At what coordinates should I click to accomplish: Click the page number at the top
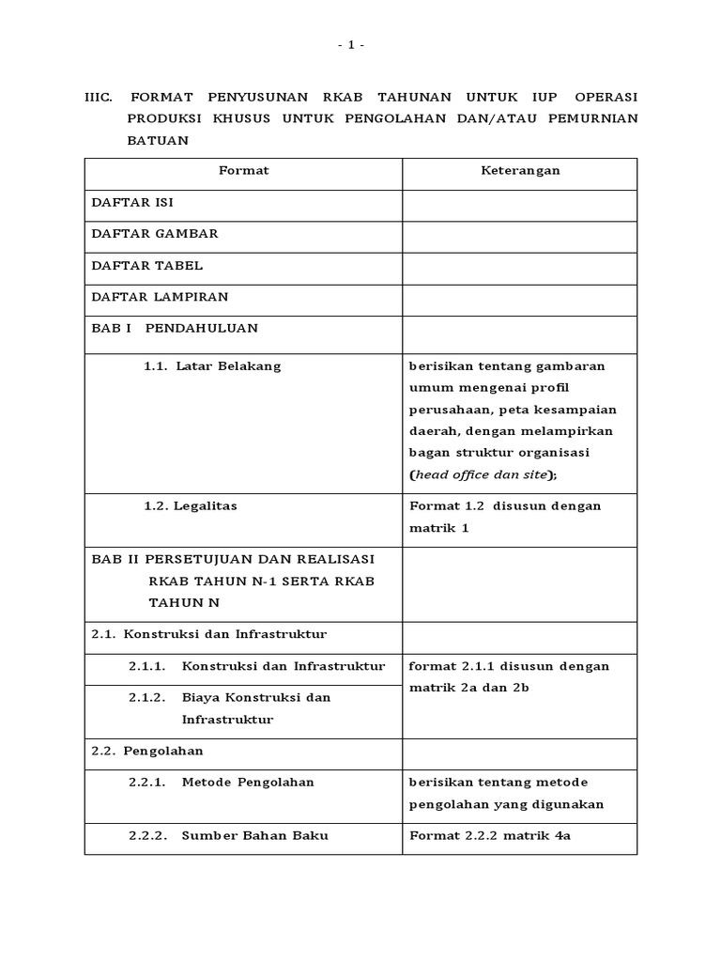tap(351, 45)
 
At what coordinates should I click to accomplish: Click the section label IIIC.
tap(99, 98)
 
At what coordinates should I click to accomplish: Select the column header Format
tap(243, 171)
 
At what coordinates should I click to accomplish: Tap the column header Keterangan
tap(520, 171)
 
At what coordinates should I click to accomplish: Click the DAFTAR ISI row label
tap(132, 202)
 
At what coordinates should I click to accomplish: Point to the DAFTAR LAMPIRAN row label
tap(160, 297)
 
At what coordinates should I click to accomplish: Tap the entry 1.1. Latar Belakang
tap(212, 366)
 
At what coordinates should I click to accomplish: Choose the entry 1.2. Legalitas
tap(191, 506)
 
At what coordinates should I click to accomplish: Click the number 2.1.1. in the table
tap(147, 667)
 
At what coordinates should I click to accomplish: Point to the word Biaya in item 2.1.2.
tap(201, 698)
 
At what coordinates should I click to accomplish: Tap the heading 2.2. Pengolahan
tap(147, 752)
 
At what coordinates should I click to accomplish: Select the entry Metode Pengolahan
tap(248, 783)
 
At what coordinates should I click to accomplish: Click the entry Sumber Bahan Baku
tap(254, 836)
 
